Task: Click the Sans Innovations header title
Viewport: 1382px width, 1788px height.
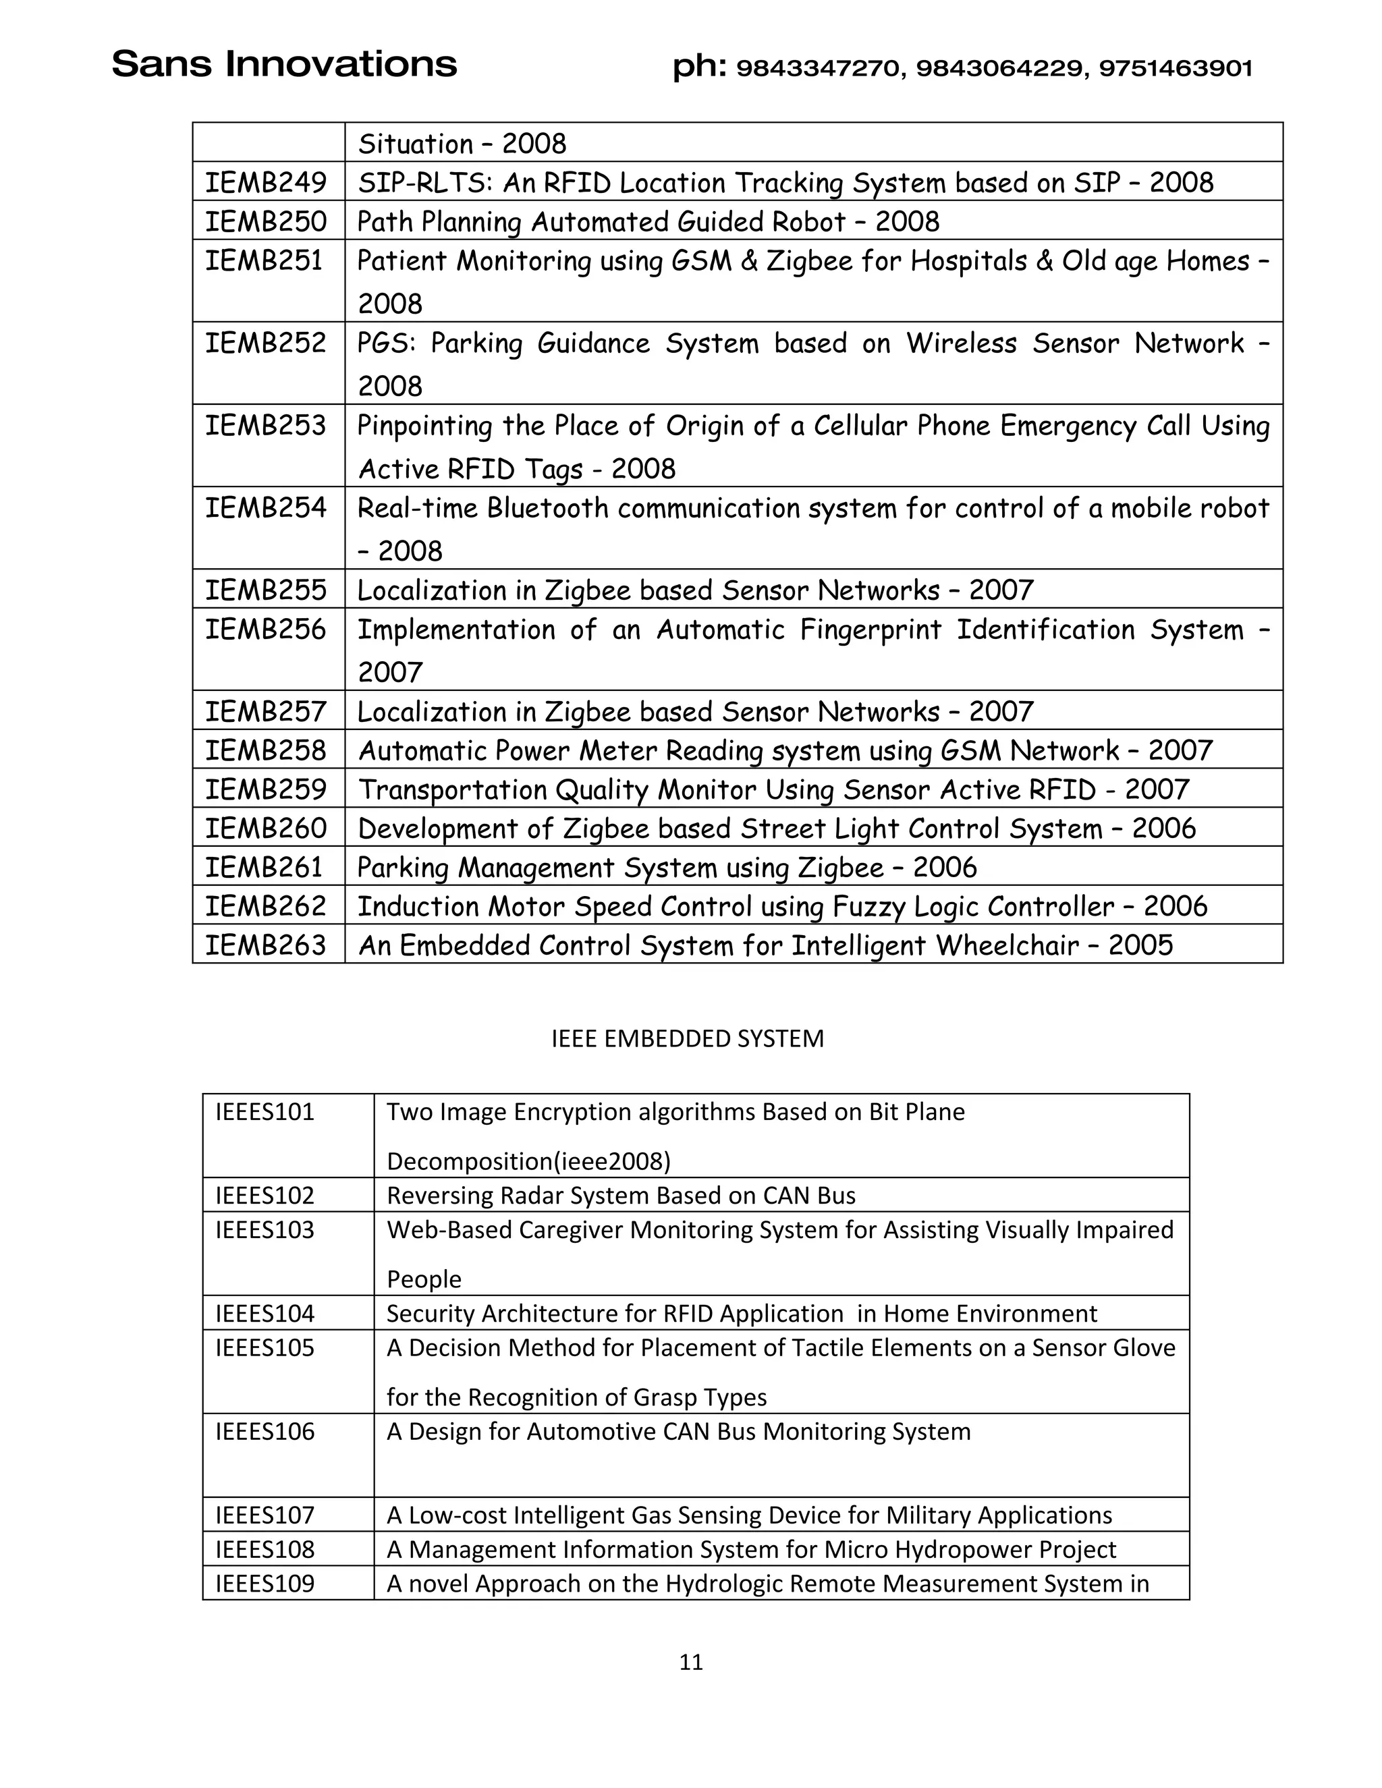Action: tap(283, 65)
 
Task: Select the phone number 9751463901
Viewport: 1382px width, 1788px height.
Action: tap(1175, 69)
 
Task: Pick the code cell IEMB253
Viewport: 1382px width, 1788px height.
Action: tap(265, 426)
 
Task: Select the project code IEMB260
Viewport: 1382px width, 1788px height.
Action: tap(265, 829)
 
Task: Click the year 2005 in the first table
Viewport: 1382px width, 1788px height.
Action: tap(1140, 945)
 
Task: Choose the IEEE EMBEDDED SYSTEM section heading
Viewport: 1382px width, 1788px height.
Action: tap(687, 1039)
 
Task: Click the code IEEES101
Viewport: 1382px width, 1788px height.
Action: tap(265, 1112)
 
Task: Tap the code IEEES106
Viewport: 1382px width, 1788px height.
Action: tap(265, 1432)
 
